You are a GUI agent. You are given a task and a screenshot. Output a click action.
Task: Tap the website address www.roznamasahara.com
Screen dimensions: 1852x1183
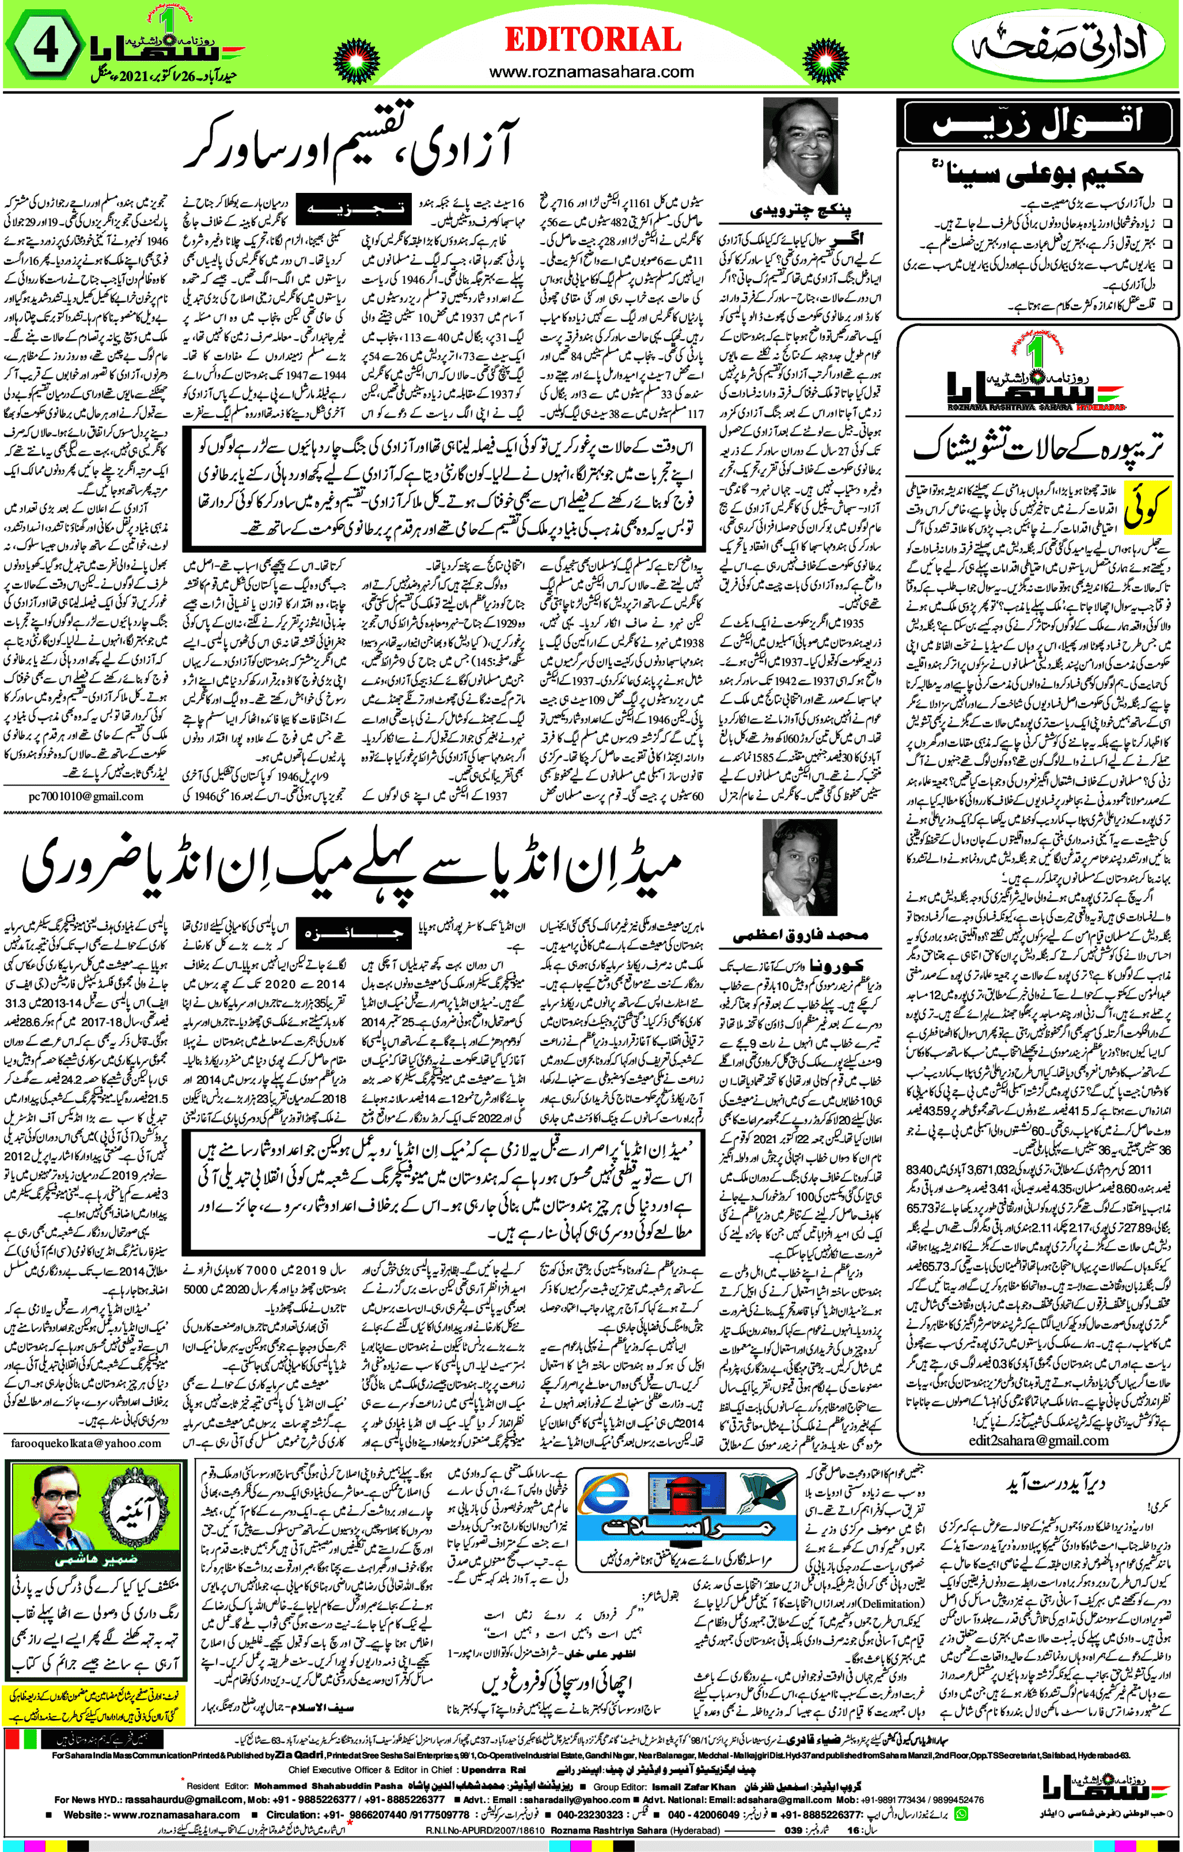(x=591, y=73)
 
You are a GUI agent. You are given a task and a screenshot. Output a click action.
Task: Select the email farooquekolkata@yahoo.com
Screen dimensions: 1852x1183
(x=86, y=1444)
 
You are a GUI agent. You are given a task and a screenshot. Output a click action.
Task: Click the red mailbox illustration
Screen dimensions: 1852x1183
(x=687, y=1500)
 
